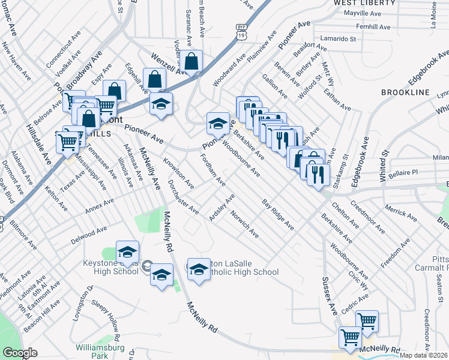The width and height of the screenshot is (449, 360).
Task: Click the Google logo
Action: point(20,353)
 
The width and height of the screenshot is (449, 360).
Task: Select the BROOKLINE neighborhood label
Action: point(405,92)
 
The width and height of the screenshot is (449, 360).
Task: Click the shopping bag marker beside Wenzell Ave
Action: point(192,61)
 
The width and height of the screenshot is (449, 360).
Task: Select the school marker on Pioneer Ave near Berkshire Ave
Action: point(217,124)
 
